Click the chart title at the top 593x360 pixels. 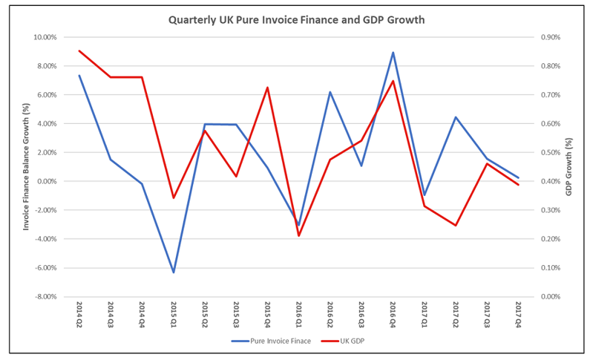pos(296,20)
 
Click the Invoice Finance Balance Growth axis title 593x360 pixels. pos(26,167)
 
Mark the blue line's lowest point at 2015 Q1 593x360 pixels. pos(174,272)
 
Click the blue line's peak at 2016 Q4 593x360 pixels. pos(393,53)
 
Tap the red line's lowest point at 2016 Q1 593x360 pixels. pos(299,236)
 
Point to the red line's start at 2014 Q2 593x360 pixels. pos(79,51)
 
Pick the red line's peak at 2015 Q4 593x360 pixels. pos(268,88)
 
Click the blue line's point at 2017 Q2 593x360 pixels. pos(456,117)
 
